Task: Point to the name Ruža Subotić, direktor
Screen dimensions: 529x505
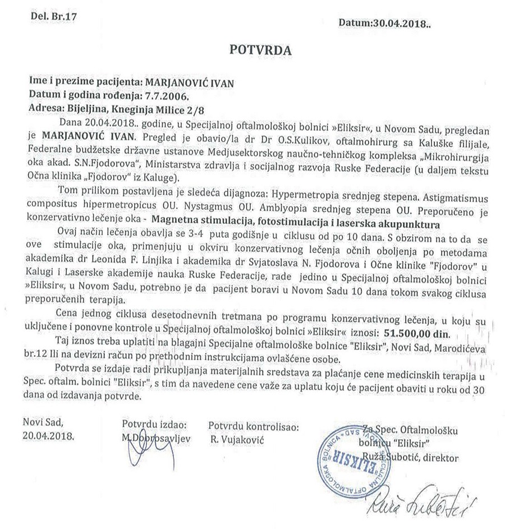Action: tap(417, 458)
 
